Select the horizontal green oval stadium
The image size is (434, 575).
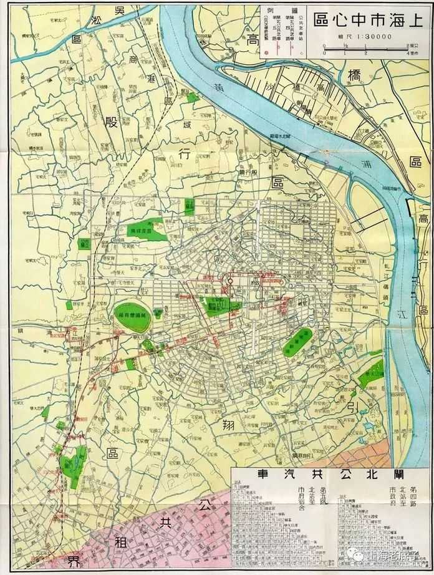(x=132, y=317)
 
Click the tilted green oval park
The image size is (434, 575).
(x=297, y=342)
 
